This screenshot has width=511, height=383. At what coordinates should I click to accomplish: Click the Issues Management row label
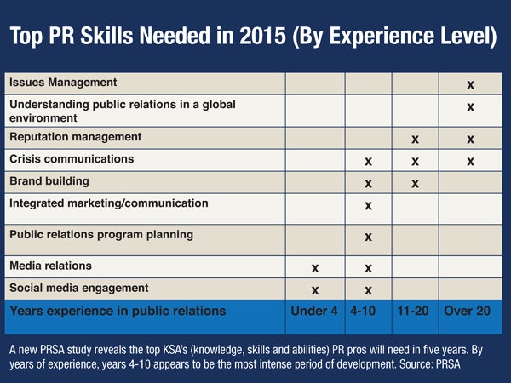(63, 83)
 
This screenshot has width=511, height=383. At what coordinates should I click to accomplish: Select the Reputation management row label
(76, 137)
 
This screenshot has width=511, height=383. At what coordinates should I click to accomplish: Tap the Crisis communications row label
(71, 159)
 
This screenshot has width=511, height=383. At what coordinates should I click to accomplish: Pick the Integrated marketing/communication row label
(108, 204)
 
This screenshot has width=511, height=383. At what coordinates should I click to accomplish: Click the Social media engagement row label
(79, 288)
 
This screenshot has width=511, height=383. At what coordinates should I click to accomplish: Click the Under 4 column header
(314, 311)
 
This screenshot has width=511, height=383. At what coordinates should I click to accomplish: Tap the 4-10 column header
(367, 311)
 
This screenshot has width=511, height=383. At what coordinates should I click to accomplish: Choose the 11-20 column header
(414, 311)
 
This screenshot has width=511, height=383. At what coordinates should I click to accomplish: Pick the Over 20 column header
(468, 311)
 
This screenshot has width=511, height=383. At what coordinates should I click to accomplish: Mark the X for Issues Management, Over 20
(470, 85)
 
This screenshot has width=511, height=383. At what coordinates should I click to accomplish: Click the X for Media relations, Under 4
(315, 268)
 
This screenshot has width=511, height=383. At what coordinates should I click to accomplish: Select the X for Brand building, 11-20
(415, 183)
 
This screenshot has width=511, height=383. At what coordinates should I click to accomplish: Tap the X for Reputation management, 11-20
(415, 139)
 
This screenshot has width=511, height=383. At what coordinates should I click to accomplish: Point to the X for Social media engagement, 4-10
(368, 289)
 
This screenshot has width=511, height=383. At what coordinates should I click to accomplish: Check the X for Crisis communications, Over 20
(470, 161)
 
